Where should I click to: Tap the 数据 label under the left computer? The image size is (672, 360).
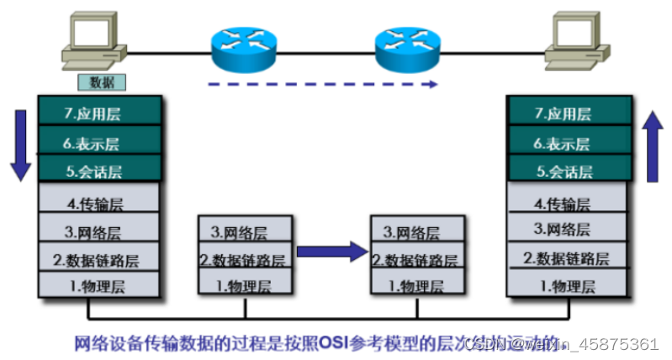[101, 82]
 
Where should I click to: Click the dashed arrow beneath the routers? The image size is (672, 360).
[323, 83]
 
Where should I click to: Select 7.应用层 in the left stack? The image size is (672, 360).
[99, 112]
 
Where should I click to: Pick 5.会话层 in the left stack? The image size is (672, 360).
[99, 171]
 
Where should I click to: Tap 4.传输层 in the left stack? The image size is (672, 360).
[99, 201]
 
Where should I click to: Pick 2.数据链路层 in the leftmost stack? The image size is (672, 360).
[99, 258]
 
